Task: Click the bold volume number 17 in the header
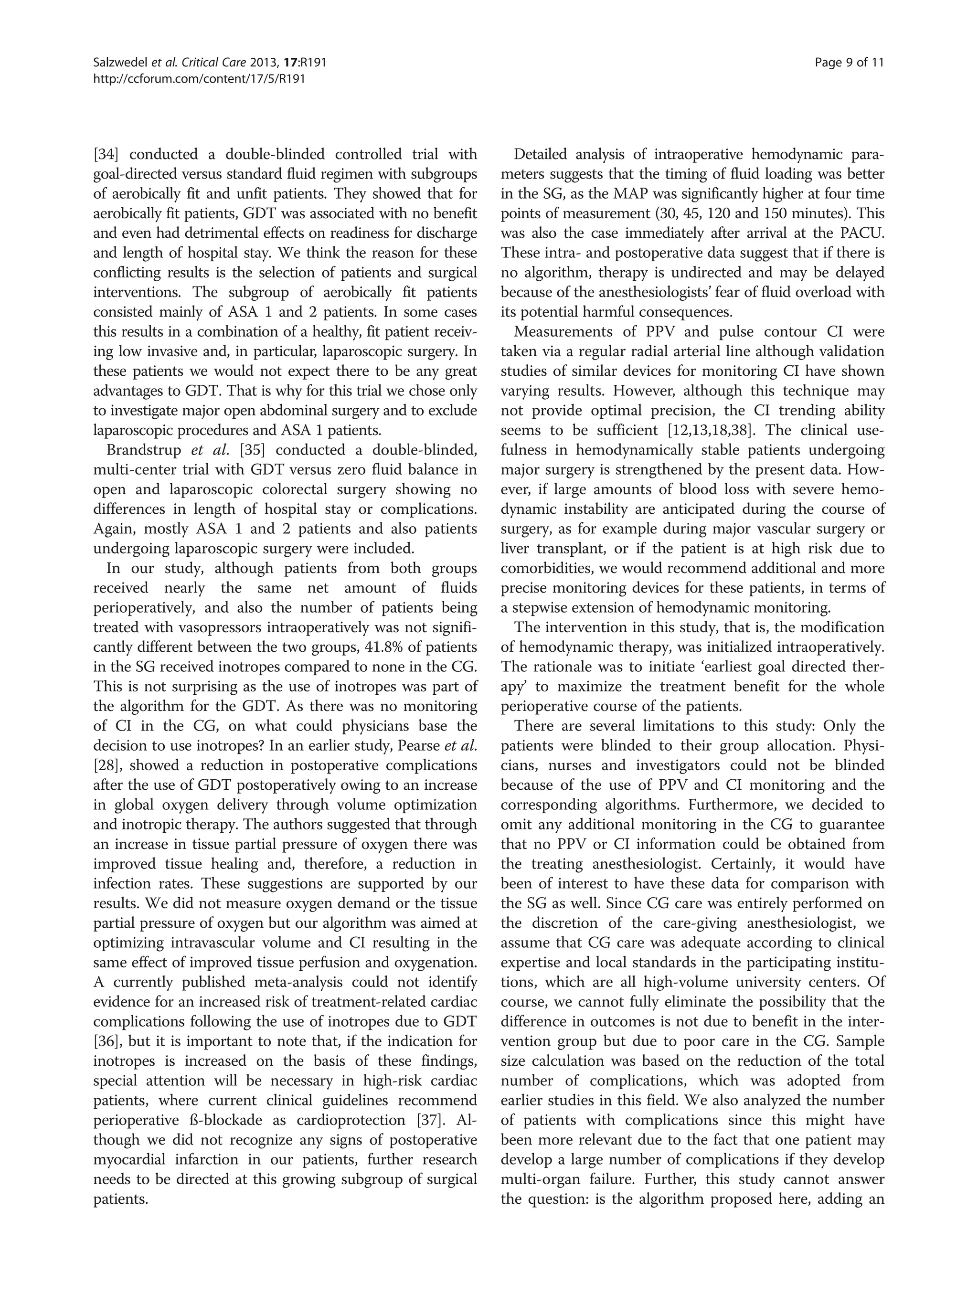[289, 63]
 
